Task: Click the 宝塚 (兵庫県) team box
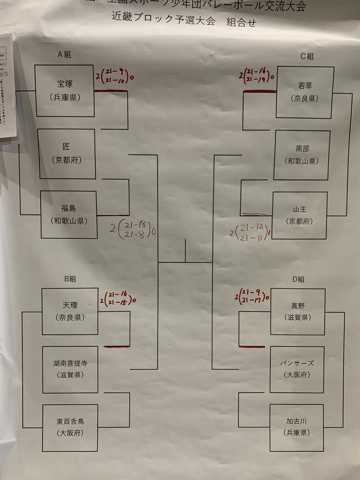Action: point(64,91)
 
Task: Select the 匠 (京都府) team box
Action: point(67,154)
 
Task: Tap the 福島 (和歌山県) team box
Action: point(69,214)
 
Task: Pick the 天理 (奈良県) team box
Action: point(70,311)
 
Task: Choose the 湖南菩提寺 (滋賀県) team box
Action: point(70,369)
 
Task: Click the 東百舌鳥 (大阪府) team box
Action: point(70,428)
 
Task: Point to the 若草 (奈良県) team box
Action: point(305,92)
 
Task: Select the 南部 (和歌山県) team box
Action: point(302,155)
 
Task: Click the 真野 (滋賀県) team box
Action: point(298,312)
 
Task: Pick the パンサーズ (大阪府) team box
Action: point(297,369)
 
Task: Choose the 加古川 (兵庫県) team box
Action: point(296,427)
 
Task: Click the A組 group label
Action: point(64,55)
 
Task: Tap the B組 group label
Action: point(70,279)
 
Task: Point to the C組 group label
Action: point(307,56)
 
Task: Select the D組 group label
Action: point(298,280)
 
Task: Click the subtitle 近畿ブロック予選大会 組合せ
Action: point(184,20)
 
